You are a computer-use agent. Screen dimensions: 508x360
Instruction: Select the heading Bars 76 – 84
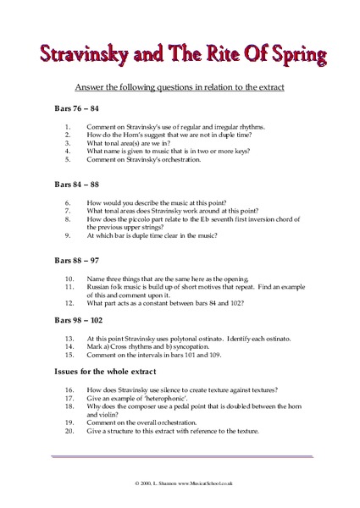[x=77, y=109]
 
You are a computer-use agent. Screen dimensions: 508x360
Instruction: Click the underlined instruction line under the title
[x=179, y=87]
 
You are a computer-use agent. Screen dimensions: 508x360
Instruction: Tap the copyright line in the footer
[x=180, y=482]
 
